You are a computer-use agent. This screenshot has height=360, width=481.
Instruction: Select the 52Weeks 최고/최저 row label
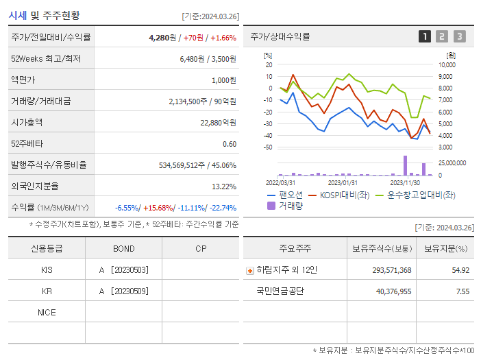tap(45, 59)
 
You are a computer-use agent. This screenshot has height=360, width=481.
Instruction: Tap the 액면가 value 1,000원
tap(223, 80)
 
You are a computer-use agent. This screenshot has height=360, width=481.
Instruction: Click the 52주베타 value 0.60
tap(230, 144)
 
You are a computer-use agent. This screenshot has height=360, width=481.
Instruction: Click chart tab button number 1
tap(425, 36)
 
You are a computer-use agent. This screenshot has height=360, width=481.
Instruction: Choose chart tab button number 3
tap(459, 36)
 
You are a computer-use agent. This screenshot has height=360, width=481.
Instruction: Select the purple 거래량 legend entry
tap(284, 206)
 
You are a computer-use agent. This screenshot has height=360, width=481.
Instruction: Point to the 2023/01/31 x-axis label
tap(343, 182)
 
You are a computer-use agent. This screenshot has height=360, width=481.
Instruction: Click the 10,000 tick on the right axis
tap(445, 64)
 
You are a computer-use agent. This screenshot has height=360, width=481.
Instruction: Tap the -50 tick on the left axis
tap(267, 147)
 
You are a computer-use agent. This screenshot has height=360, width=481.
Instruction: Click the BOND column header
tap(124, 248)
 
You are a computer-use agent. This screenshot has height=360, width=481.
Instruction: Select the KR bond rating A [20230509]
tap(124, 291)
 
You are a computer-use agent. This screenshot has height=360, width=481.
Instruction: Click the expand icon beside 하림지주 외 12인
tap(249, 270)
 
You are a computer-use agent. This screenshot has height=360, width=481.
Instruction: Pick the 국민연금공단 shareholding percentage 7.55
tap(463, 291)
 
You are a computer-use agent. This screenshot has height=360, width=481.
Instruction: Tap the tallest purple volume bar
tap(405, 166)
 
